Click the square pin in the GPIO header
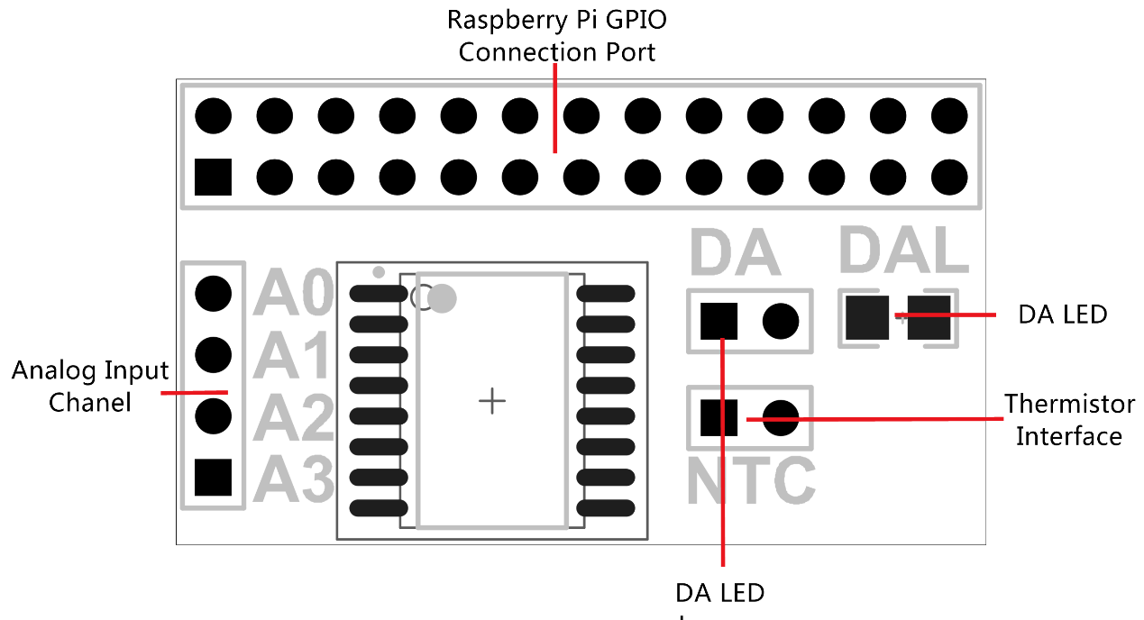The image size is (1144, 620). click(213, 177)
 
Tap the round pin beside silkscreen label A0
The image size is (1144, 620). click(214, 292)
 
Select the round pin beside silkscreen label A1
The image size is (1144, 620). click(214, 354)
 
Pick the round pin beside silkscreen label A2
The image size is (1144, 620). click(214, 415)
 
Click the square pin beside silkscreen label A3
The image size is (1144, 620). click(214, 477)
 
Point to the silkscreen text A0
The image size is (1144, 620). click(293, 293)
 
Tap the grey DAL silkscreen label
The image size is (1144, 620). click(903, 250)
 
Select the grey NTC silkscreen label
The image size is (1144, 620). click(750, 480)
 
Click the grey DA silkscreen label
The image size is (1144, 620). click(735, 253)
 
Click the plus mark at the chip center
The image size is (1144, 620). click(491, 401)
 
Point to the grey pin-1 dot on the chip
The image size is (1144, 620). click(442, 298)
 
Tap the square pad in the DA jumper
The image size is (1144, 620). click(718, 320)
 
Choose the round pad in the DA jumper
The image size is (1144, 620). click(781, 320)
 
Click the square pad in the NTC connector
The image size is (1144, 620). click(718, 416)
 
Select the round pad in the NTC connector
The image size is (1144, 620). click(781, 416)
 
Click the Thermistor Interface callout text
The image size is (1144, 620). click(1069, 419)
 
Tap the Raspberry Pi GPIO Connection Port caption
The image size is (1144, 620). click(556, 36)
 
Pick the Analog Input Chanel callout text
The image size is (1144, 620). click(90, 386)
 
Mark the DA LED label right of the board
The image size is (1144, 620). click(1062, 315)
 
